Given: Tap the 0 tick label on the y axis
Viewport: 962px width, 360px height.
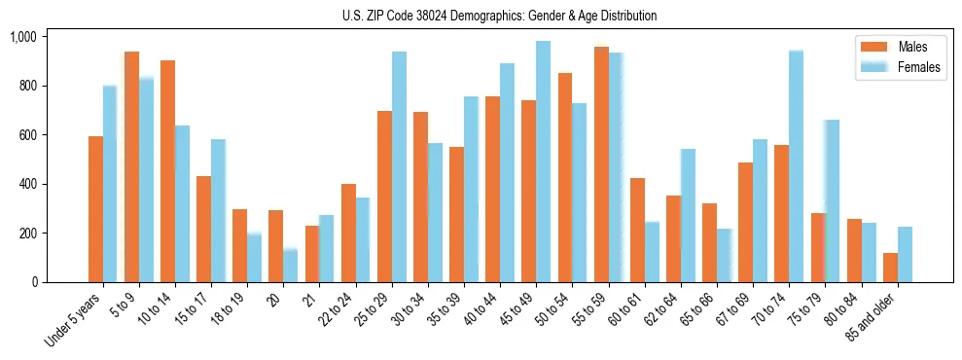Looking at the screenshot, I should [35, 282].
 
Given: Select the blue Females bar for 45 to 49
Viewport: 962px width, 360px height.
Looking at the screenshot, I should [543, 162].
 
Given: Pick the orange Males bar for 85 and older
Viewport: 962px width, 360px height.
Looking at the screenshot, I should [890, 268].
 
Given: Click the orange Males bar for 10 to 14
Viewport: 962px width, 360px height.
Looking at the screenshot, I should [168, 171].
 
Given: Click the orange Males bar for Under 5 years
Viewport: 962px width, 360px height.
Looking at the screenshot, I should [95, 209].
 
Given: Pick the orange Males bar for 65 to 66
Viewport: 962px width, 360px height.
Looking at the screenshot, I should [709, 242].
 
